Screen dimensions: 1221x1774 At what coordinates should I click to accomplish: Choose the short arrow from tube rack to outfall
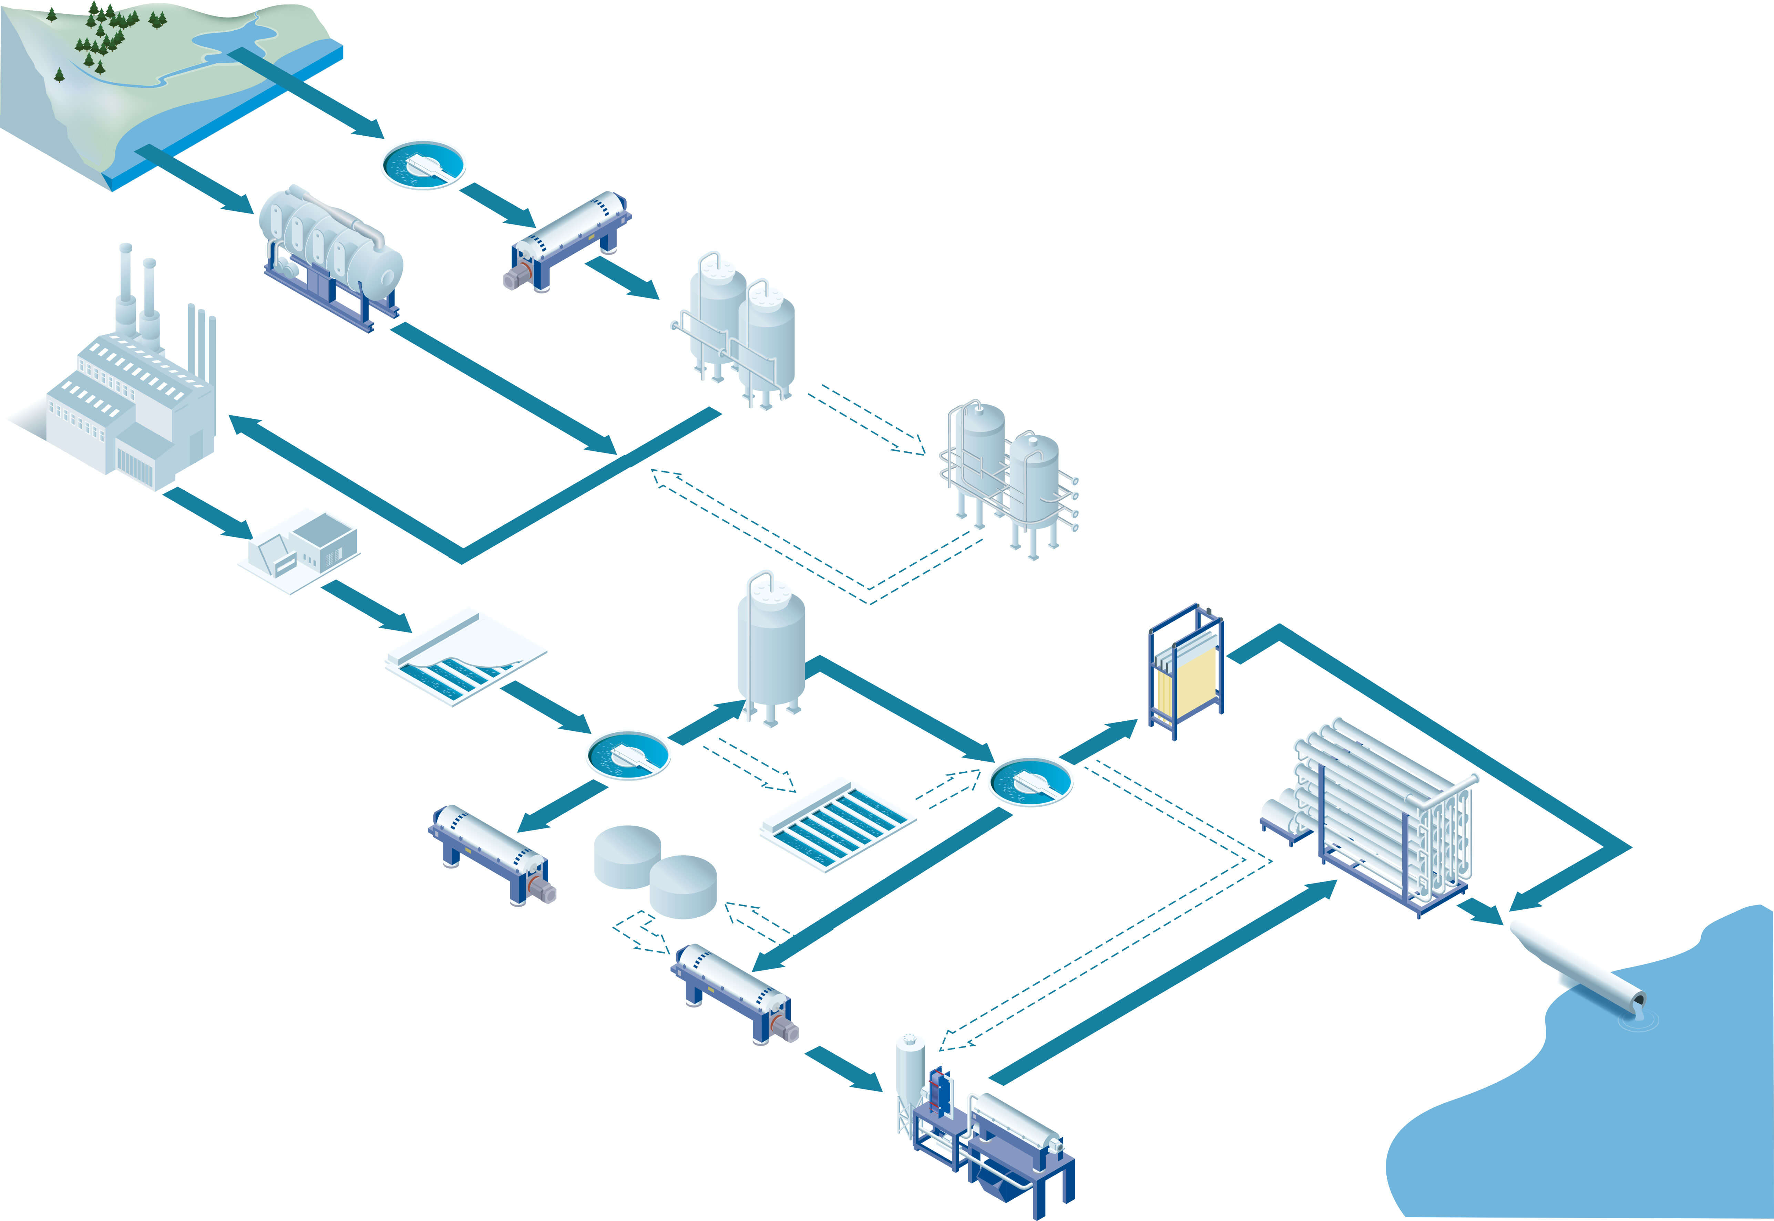pos(1481,912)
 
